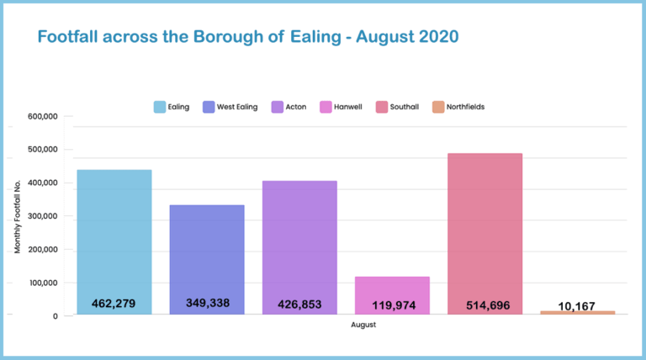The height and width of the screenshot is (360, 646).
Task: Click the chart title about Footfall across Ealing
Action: (x=247, y=38)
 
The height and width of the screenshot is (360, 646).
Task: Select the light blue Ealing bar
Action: (x=114, y=236)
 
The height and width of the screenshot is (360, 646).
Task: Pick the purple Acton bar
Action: (x=299, y=240)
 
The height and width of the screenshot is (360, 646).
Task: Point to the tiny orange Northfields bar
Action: (x=577, y=312)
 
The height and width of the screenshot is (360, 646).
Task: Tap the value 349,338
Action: (x=207, y=303)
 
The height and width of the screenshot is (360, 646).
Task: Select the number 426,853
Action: (x=299, y=304)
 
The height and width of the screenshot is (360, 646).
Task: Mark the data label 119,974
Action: (x=392, y=304)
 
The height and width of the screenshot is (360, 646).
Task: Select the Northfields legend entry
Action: (x=458, y=107)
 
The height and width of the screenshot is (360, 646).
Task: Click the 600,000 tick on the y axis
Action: (x=42, y=117)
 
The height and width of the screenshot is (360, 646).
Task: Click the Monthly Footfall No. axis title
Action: (x=18, y=216)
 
